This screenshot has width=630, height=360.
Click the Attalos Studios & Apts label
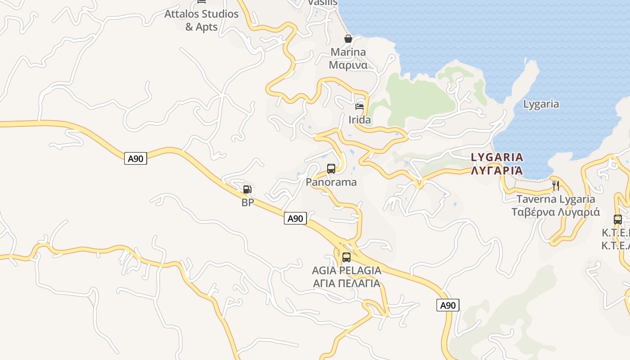[201, 20]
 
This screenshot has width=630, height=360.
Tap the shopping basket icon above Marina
[348, 39]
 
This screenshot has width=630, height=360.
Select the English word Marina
[348, 52]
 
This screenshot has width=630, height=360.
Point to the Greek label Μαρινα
[348, 65]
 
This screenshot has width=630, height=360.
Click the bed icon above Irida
[360, 107]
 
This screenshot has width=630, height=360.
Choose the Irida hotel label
[360, 120]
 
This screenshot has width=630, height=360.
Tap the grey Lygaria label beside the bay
[541, 104]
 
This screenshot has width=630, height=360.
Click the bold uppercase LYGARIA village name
[497, 157]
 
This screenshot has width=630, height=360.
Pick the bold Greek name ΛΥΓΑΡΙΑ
[497, 171]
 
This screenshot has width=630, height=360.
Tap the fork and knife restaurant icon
[556, 185]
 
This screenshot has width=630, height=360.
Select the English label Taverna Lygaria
[556, 199]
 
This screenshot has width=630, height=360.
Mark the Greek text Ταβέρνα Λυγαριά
[556, 212]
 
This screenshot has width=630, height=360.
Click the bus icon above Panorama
[331, 169]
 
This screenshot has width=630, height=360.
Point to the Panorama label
[331, 182]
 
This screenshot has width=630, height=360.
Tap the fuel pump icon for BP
[247, 189]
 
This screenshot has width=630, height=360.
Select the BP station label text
[247, 202]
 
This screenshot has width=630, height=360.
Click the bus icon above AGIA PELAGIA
[346, 257]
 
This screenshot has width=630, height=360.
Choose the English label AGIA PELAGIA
[346, 270]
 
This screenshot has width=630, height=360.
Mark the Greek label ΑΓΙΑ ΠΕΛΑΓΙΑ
[346, 283]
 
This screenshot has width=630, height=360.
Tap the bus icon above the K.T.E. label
[618, 220]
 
